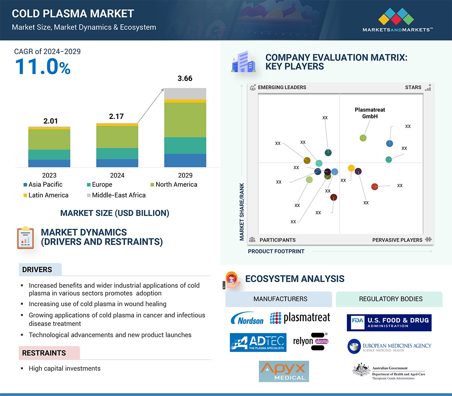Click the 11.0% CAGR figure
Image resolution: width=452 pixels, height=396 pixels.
tap(43, 66)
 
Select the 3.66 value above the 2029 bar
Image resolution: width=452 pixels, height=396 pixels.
tap(185, 79)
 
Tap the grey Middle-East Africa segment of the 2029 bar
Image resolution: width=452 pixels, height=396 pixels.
tap(185, 93)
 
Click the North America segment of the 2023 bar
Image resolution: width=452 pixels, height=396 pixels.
tap(49, 139)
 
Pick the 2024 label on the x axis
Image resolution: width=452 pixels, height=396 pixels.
tap(117, 175)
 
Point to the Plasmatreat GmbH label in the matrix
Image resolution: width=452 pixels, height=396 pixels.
tap(370, 113)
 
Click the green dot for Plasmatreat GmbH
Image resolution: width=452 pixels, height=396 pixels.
tap(363, 138)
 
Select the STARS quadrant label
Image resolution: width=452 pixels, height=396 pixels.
tap(413, 87)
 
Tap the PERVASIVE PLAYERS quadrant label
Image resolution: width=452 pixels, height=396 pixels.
tap(397, 240)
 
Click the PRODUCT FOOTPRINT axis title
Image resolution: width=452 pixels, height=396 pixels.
tap(276, 251)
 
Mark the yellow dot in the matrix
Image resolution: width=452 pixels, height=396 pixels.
tap(351, 168)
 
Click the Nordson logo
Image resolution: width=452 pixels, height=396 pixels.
tap(247, 318)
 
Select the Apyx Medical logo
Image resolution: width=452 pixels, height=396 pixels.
tap(284, 371)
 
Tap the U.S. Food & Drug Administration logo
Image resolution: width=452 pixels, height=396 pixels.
tap(389, 323)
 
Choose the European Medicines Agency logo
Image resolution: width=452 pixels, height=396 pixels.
tap(389, 346)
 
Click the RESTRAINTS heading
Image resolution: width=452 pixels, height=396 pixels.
tap(44, 353)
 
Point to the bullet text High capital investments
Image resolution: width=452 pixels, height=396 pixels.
tap(65, 369)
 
